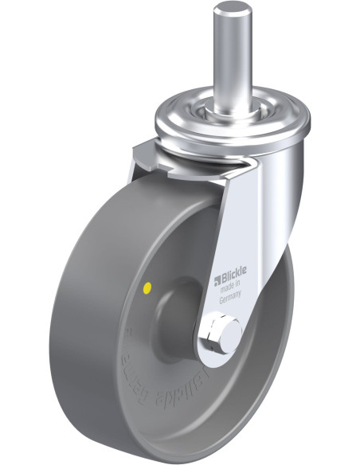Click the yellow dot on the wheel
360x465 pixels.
point(148,285)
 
